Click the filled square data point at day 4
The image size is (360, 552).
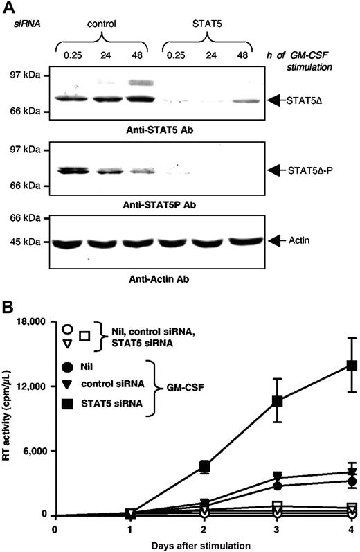[x=352, y=365]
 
